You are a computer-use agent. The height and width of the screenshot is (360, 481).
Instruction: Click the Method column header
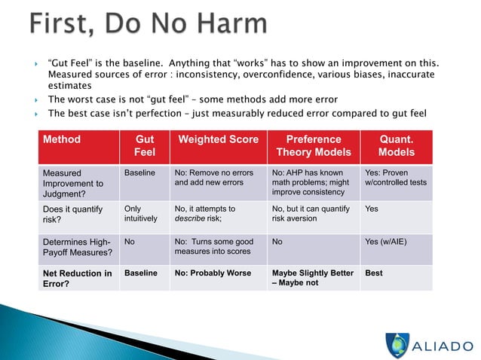coord(62,139)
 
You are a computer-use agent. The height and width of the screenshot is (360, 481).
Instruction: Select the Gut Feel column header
coord(145,146)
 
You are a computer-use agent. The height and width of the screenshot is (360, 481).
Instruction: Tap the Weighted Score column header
coord(218,139)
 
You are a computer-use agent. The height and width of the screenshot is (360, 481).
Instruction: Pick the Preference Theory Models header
coord(314,146)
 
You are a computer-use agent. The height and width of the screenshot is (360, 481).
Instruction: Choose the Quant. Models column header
coord(397,146)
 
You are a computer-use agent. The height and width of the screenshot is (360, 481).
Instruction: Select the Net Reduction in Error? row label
coord(78,278)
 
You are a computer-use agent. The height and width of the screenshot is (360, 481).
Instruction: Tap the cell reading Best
coord(374,273)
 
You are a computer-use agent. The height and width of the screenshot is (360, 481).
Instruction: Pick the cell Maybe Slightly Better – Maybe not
coord(311,278)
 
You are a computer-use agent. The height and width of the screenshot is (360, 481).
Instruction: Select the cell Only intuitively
coord(141,214)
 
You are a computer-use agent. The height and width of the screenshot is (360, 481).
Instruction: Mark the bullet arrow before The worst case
coord(37,99)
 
